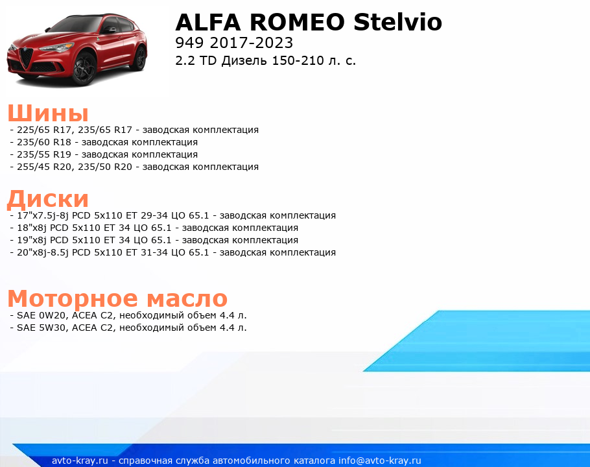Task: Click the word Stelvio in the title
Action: point(397,22)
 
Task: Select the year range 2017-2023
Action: point(252,43)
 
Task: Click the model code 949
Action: point(189,43)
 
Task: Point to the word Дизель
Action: point(244,60)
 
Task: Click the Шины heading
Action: point(48,112)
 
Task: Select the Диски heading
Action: point(48,198)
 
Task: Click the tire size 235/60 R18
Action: point(44,142)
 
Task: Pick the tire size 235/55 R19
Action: point(44,154)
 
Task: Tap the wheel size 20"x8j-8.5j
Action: point(43,252)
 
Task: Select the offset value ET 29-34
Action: point(147,215)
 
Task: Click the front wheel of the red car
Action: point(84,69)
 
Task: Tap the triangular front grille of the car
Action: point(27,58)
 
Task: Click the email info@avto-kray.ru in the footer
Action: point(380,461)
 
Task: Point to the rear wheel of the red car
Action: point(140,58)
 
